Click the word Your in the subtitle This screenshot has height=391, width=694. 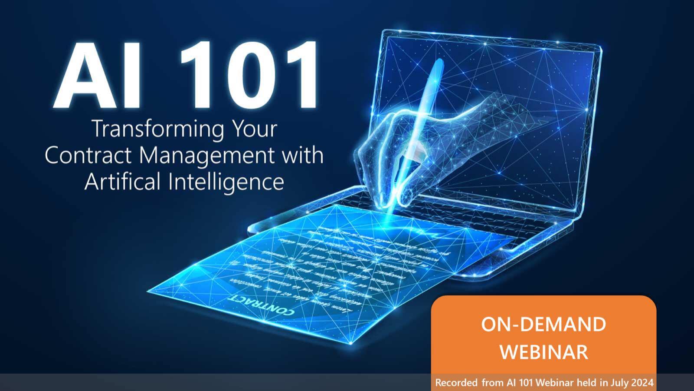254,129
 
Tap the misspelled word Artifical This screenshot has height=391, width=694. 123,181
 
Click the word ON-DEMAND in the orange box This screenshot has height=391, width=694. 543,325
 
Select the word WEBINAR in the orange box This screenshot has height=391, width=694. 543,351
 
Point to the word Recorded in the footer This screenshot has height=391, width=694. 456,383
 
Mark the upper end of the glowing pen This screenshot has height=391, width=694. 438,63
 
